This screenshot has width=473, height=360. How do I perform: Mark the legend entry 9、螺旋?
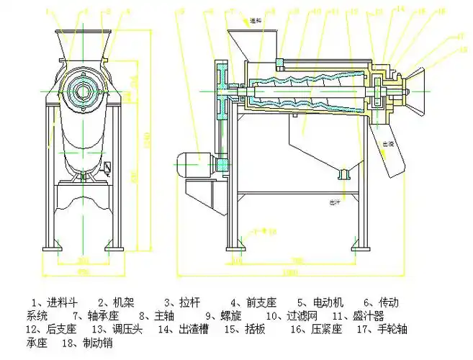pyautogui.click(x=228, y=315)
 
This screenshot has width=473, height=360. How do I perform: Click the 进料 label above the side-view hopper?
pyautogui.click(x=256, y=21)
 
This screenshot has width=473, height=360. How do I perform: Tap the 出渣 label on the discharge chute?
pyautogui.click(x=388, y=143)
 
